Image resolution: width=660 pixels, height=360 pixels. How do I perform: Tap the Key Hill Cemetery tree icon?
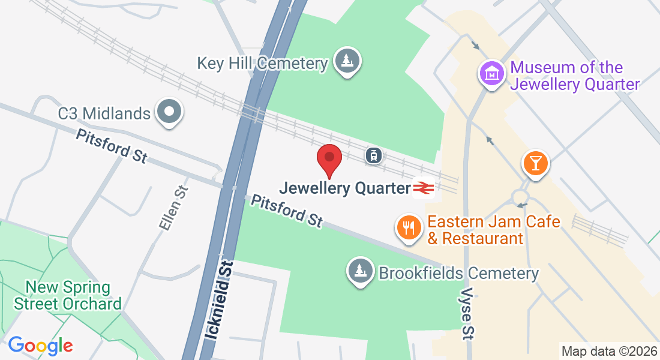pyautogui.click(x=346, y=61)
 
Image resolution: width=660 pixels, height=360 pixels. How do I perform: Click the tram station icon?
pyautogui.click(x=374, y=155)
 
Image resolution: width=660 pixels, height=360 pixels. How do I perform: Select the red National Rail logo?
pyautogui.click(x=424, y=188)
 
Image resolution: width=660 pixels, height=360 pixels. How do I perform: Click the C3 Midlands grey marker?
pyautogui.click(x=169, y=112)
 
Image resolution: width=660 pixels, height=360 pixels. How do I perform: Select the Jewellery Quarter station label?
pyautogui.click(x=344, y=188)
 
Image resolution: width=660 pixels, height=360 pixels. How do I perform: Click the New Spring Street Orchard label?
pyautogui.click(x=68, y=295)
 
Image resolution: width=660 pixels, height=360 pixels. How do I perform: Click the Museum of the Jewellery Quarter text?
pyautogui.click(x=575, y=76)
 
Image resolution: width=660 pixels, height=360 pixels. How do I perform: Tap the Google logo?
pyautogui.click(x=40, y=346)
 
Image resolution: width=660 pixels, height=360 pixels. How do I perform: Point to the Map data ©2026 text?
pyautogui.click(x=608, y=350)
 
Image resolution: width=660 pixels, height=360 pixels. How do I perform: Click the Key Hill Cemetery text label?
pyautogui.click(x=263, y=63)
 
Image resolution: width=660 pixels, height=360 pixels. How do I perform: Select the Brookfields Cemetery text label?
pyautogui.click(x=458, y=274)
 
